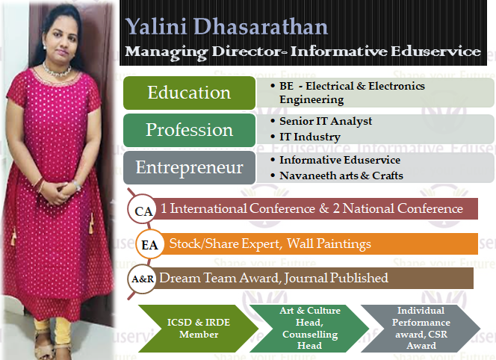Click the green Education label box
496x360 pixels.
pyautogui.click(x=189, y=93)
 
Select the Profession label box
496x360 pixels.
pyautogui.click(x=189, y=130)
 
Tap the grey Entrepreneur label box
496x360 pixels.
pyautogui.click(x=189, y=167)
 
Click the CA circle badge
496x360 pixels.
pyautogui.click(x=142, y=210)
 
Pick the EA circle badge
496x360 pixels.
pyautogui.click(x=150, y=244)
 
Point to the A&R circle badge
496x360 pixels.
pyautogui.click(x=142, y=279)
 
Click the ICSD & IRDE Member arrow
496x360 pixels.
pyautogui.click(x=199, y=329)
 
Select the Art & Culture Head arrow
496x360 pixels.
pyautogui.click(x=309, y=329)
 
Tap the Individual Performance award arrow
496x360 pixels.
pyautogui.click(x=421, y=329)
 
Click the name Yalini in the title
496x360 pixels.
pyautogui.click(x=156, y=26)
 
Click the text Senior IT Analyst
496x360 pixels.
pyautogui.click(x=326, y=121)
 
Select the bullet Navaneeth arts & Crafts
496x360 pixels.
pyautogui.click(x=341, y=176)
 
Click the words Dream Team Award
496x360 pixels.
pyautogui.click(x=220, y=278)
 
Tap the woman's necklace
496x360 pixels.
pyautogui.click(x=58, y=70)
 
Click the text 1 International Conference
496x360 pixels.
pyautogui.click(x=238, y=208)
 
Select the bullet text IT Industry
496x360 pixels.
pyautogui.click(x=310, y=137)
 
